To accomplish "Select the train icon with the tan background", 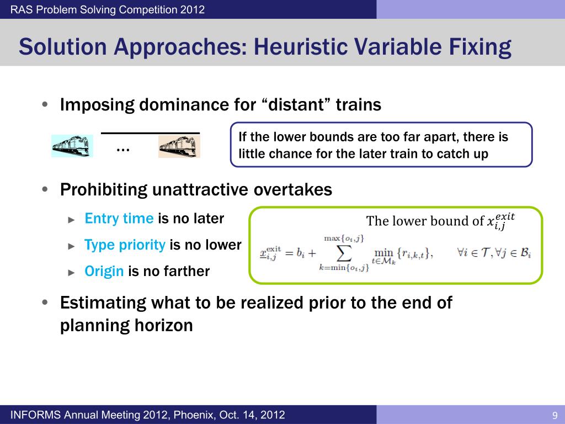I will [179, 146].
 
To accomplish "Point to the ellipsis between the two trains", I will [122, 149].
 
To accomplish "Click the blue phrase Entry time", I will [119, 219].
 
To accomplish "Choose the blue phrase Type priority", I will [125, 245].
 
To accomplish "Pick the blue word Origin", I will [104, 272].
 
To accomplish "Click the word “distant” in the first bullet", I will [299, 105].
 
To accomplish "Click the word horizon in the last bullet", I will [163, 326].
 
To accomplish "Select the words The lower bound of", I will [425, 221].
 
